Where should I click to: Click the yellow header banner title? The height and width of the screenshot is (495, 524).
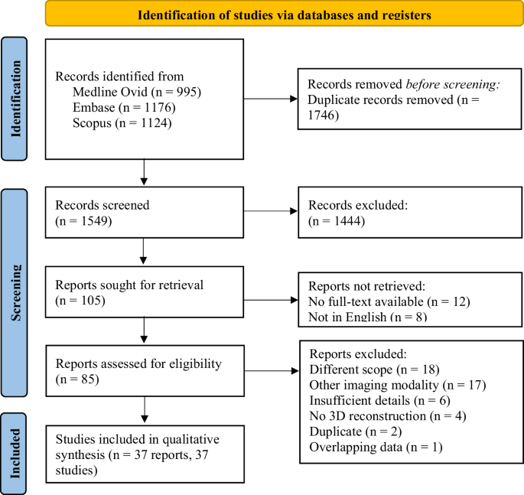click(284, 14)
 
